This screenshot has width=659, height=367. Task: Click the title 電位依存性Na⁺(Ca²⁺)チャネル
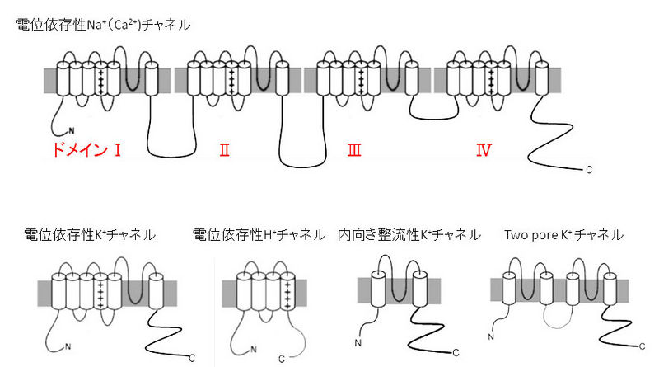tap(103, 25)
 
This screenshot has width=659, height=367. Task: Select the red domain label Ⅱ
tap(224, 150)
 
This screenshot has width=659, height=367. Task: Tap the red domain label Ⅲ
tap(354, 150)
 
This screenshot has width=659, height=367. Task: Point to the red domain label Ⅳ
tap(484, 150)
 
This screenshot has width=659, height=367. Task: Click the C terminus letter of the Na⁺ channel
tap(588, 171)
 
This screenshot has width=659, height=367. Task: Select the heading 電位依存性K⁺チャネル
tap(90, 235)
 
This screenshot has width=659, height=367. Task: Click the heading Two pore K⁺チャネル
tap(563, 235)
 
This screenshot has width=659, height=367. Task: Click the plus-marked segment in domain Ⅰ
tap(100, 80)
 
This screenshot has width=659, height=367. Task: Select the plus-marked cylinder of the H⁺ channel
tap(286, 293)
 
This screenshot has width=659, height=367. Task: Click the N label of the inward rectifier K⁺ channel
tap(358, 342)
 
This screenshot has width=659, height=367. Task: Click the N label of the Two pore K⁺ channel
tap(491, 336)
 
